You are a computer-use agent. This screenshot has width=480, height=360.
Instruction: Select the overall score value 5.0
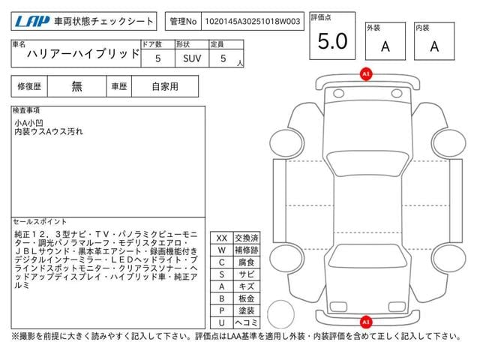(332, 42)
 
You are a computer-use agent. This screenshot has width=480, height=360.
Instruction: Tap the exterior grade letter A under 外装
(385, 46)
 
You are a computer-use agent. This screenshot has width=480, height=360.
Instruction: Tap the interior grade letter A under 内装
(433, 46)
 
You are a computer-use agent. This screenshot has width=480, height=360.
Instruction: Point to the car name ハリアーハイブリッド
(83, 55)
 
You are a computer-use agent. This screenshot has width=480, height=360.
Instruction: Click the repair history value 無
(77, 86)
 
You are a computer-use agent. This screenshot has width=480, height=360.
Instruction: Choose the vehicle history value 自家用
(165, 86)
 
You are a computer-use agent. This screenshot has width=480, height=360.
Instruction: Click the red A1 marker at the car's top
(366, 73)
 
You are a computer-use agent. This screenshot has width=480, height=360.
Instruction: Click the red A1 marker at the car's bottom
(366, 321)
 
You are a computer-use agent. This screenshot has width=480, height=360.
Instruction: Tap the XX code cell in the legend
(221, 238)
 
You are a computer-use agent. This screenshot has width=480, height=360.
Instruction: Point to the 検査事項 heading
(27, 110)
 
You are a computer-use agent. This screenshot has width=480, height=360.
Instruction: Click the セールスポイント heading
(40, 222)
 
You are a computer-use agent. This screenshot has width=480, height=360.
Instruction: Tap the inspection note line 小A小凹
(31, 122)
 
